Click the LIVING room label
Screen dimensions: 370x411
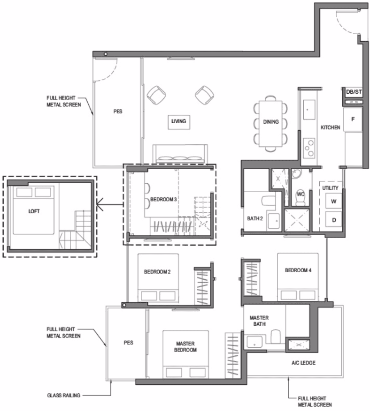[x=178, y=121]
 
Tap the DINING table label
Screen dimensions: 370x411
[x=271, y=122]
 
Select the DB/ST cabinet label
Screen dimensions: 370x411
[x=354, y=92]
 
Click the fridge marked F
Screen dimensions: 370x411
[x=353, y=120]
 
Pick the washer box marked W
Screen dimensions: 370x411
[x=334, y=202]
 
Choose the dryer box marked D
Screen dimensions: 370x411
[x=334, y=220]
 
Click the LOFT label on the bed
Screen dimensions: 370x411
[x=34, y=211]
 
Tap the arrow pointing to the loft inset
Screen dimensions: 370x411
[x=110, y=204]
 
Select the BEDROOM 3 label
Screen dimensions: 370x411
[x=163, y=200]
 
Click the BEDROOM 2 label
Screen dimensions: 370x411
[x=157, y=272]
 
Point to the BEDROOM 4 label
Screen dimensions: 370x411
[x=298, y=270]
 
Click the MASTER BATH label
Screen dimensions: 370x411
[x=259, y=321]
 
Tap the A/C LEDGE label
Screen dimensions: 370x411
[x=304, y=363]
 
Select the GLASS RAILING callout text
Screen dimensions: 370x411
[x=64, y=395]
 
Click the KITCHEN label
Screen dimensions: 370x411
[x=331, y=127]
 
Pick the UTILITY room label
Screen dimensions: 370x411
[x=331, y=188]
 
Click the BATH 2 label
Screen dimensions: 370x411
[x=255, y=218]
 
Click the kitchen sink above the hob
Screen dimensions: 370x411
[x=309, y=109]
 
